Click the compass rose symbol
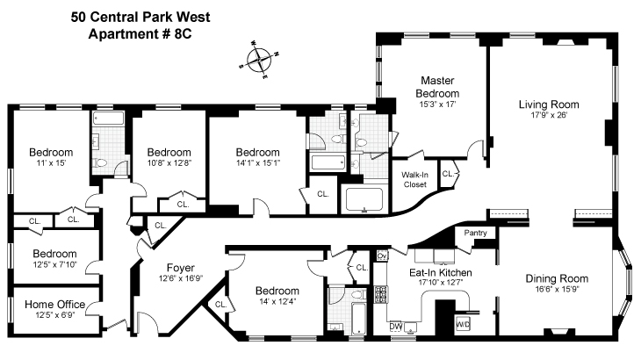260,61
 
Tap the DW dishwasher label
396,327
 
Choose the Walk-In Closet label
414,178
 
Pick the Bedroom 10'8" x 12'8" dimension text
169,162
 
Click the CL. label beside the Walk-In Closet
449,174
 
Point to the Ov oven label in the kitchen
381,256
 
